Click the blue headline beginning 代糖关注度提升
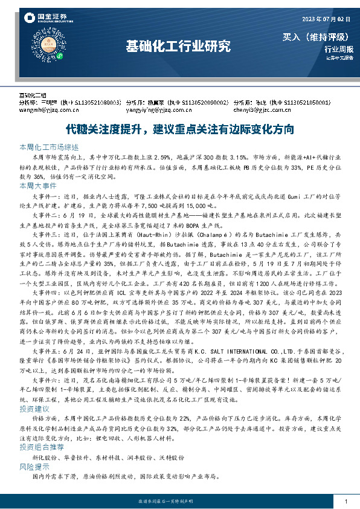[x=180, y=129]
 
